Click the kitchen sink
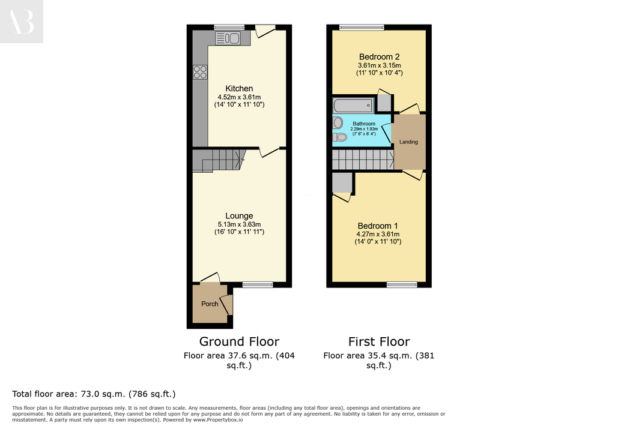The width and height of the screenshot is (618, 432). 228,38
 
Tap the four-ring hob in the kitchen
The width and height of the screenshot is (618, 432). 200,72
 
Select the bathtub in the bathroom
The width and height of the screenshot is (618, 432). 353,106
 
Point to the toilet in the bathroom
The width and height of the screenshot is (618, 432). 339,137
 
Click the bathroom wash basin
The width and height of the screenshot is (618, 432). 338,122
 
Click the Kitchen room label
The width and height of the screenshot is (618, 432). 239,89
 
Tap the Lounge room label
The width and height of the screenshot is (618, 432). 239,216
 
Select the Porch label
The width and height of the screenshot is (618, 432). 210,304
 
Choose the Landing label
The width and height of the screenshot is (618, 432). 408,142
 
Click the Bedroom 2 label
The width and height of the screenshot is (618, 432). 379,57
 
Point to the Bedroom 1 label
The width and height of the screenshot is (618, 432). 378,226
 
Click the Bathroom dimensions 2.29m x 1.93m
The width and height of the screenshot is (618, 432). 364,129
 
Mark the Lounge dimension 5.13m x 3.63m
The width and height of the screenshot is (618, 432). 239,224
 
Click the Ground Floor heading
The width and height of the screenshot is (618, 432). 239,341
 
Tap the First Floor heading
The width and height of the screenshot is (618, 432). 379,341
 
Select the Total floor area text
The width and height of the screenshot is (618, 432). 94,394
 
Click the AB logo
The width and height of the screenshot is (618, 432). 21,22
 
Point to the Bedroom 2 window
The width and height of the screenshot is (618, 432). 362,27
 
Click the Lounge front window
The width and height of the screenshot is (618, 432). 258,285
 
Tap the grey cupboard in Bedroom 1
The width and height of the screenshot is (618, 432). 342,183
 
